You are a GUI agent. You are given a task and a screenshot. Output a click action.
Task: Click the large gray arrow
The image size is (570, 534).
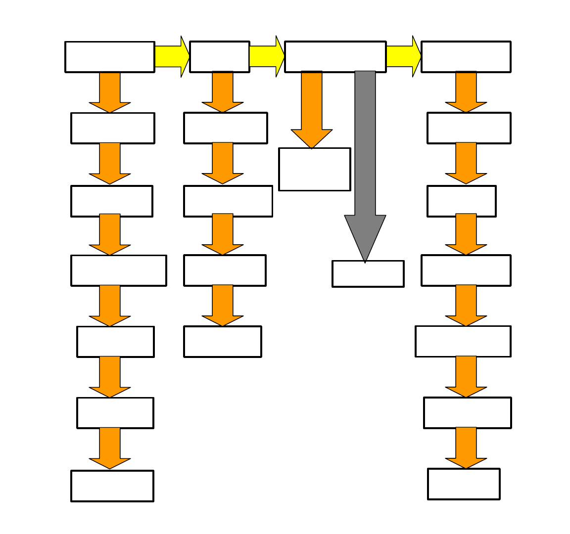pos(365,148)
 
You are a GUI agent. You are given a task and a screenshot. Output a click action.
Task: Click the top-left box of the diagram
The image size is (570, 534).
pos(109,57)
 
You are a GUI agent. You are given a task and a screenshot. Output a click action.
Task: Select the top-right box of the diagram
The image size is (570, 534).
pos(466,57)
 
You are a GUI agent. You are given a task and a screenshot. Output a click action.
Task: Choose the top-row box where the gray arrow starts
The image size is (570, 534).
pos(335,57)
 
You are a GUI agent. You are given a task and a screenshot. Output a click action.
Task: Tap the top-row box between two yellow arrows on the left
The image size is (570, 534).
pos(219,57)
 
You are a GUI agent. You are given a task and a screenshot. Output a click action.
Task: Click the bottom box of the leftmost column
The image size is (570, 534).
pos(112,486)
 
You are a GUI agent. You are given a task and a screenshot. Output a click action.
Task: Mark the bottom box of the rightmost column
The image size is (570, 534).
pos(464,484)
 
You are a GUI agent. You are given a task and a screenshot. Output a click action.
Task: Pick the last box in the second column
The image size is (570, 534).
pos(222,342)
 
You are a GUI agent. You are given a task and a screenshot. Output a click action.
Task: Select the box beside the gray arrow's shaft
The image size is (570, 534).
pos(314,169)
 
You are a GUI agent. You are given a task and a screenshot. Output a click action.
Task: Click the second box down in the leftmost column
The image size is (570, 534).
pos(112,128)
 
